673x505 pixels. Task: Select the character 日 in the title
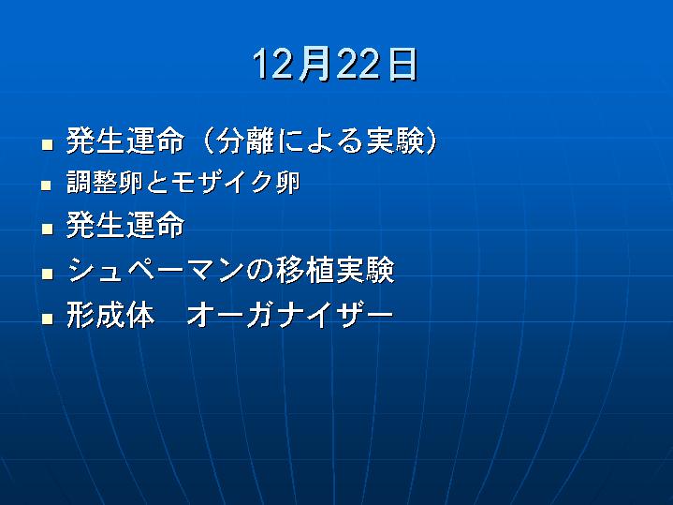402,64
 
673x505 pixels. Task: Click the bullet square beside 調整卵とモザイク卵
47,186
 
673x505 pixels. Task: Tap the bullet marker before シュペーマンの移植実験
47,274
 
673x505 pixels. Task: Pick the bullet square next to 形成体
47,319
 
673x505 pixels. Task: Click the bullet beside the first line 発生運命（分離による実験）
47,144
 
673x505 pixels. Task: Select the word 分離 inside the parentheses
245,141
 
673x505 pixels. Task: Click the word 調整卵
105,182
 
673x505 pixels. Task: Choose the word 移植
305,270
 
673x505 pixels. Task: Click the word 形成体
110,315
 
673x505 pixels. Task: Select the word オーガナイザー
290,315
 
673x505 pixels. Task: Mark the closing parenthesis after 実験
430,141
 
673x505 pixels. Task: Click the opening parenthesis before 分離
207,141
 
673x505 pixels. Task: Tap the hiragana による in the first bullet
319,141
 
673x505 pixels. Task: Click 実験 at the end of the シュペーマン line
365,270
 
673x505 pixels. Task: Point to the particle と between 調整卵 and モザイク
157,183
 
